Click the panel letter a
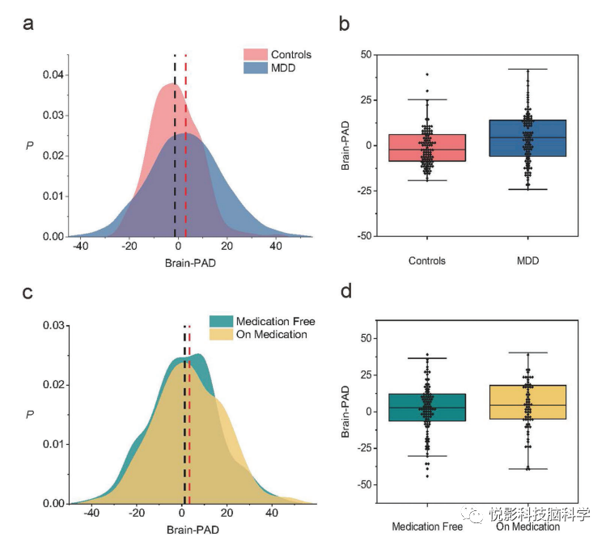tap(29, 23)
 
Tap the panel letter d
tap(345, 290)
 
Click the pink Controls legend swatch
tap(255, 55)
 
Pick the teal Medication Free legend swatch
tap(220, 321)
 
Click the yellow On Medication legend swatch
tap(220, 334)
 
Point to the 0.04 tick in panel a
tap(53, 75)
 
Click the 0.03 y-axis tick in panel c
tap(53, 325)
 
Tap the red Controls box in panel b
tap(427, 148)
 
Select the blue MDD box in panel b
tap(527, 138)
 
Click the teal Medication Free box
tap(427, 408)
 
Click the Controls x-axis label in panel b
tap(427, 261)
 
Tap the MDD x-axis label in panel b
tap(527, 261)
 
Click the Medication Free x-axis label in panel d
tap(427, 526)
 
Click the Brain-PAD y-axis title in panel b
tap(345, 146)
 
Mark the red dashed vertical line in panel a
tap(186, 146)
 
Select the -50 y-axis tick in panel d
tap(363, 484)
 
